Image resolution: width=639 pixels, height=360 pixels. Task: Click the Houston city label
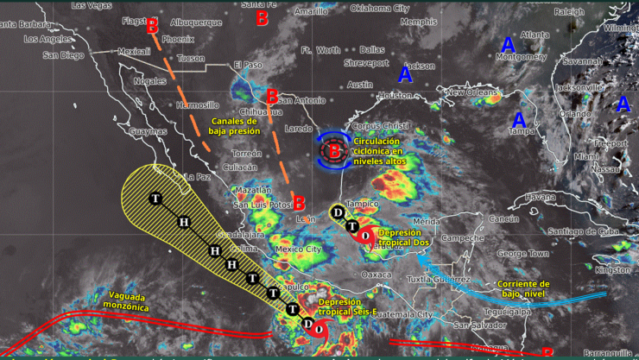(x=395, y=95)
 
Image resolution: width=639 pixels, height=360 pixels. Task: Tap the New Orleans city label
(x=471, y=92)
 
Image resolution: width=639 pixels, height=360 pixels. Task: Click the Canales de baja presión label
(x=234, y=126)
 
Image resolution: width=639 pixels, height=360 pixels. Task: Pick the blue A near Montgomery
(x=508, y=44)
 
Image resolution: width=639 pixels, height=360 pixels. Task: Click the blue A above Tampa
(x=520, y=119)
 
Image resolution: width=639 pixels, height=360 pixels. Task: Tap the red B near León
(x=299, y=204)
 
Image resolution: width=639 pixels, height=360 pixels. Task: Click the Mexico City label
(x=298, y=249)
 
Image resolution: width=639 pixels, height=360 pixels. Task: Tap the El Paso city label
(x=246, y=66)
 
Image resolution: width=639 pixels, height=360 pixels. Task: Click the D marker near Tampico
(x=338, y=212)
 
